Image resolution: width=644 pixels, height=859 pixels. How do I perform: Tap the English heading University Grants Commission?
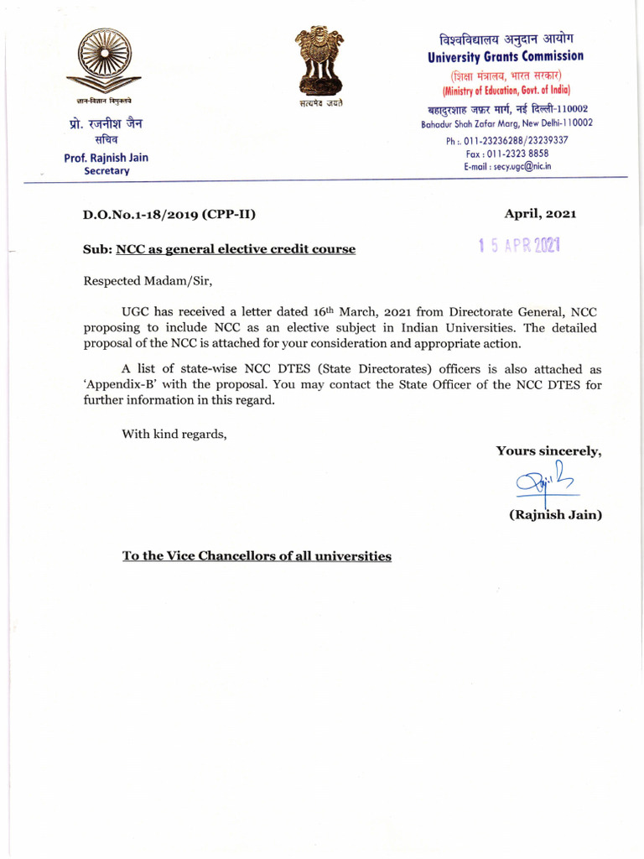pyautogui.click(x=506, y=56)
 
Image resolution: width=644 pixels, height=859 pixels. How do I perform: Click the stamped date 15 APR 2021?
pyautogui.click(x=518, y=246)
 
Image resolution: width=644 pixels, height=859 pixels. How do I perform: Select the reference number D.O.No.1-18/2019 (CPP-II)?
pyautogui.click(x=169, y=214)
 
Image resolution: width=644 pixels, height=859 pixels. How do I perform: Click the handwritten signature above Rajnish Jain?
pyautogui.click(x=544, y=482)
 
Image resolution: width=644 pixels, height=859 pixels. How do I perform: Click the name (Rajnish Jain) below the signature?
pyautogui.click(x=555, y=515)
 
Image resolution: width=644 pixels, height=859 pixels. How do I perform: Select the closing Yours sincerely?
pyautogui.click(x=548, y=450)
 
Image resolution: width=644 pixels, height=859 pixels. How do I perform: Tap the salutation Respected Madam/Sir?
pyautogui.click(x=153, y=281)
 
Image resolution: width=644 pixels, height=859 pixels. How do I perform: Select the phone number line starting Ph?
pyautogui.click(x=506, y=140)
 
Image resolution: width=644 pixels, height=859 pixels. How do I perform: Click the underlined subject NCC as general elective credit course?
pyautogui.click(x=235, y=249)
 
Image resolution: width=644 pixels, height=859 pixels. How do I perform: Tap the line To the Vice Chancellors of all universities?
pyautogui.click(x=257, y=555)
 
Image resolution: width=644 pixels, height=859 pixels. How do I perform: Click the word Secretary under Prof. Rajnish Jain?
pyautogui.click(x=106, y=170)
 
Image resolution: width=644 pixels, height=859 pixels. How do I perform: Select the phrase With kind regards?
pyautogui.click(x=174, y=434)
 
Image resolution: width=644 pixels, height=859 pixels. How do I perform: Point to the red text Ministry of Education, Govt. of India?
pyautogui.click(x=506, y=90)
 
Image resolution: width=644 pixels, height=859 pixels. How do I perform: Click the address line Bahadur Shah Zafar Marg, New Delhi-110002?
pyautogui.click(x=506, y=122)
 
